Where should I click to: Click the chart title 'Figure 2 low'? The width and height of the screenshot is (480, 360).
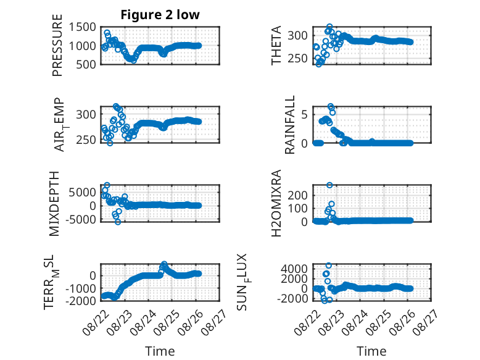click(160, 15)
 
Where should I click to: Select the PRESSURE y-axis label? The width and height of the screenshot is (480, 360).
click(57, 45)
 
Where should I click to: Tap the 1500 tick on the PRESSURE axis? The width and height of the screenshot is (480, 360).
click(82, 27)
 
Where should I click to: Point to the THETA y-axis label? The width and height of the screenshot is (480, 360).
click(276, 45)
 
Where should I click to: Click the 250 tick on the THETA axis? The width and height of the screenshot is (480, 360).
click(297, 58)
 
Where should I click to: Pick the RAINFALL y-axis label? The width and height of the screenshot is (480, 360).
click(289, 125)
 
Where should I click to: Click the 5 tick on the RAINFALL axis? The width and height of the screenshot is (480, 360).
click(304, 115)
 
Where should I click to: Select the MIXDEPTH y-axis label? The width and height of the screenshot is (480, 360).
click(54, 204)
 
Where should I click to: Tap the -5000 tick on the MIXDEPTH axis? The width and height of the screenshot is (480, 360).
click(80, 219)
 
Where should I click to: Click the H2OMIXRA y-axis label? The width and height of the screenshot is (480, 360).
click(276, 203)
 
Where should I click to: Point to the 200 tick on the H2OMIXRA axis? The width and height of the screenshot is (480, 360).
click(297, 195)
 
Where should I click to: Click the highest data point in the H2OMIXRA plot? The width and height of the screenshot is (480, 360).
click(329, 185)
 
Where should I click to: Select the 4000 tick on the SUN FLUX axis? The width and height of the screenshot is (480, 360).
click(294, 269)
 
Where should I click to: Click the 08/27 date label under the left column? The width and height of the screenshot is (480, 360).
click(215, 322)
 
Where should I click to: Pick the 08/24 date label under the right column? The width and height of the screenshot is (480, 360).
click(355, 322)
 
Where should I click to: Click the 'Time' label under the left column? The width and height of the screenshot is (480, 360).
click(160, 351)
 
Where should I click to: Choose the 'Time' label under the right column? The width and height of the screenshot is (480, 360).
click(371, 351)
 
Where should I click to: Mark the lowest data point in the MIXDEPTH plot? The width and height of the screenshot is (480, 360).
click(118, 222)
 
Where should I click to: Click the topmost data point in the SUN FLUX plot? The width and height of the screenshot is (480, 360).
click(328, 266)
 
